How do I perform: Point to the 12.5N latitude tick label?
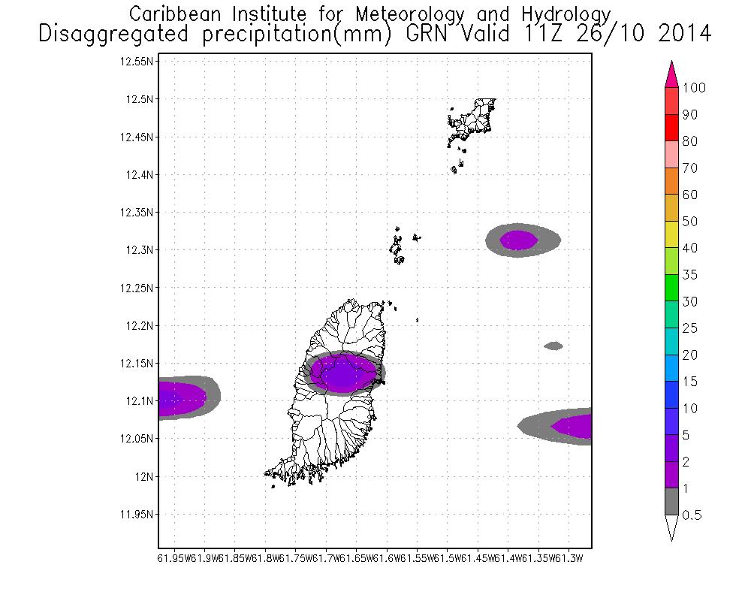pyautogui.click(x=140, y=99)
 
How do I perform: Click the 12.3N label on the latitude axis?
pyautogui.click(x=140, y=250)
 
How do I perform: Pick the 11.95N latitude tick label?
pyautogui.click(x=137, y=515)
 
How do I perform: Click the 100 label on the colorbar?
pyautogui.click(x=695, y=88)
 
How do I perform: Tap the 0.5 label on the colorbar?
pyautogui.click(x=692, y=515)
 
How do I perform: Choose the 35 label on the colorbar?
pyautogui.click(x=690, y=275)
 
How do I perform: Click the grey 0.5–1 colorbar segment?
pyautogui.click(x=672, y=502)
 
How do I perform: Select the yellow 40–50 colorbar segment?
pyautogui.click(x=672, y=235)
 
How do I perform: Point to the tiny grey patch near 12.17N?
pyautogui.click(x=553, y=346)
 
